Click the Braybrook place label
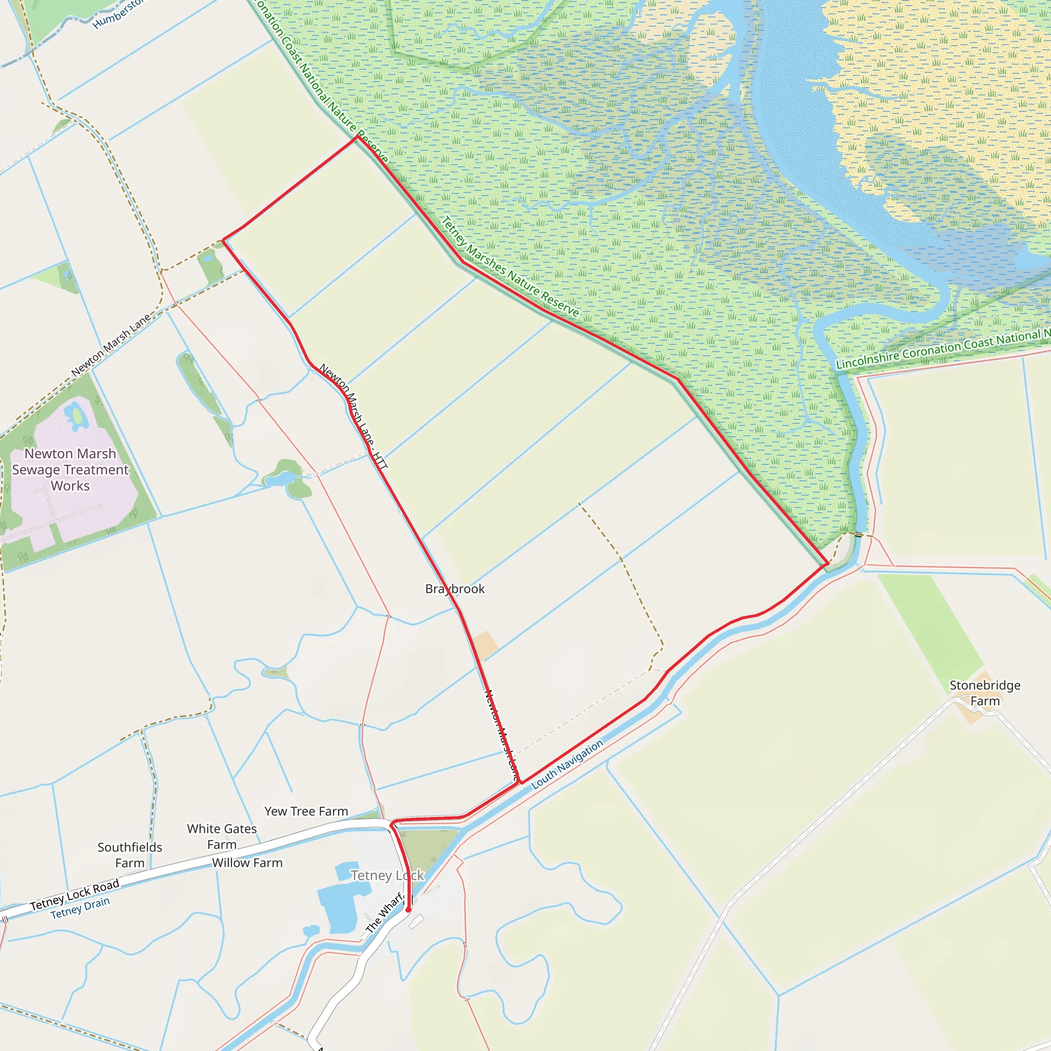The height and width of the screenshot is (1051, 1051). click(x=455, y=589)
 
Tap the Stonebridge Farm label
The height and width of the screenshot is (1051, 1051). click(x=985, y=693)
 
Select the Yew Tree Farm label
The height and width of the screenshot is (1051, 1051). click(x=306, y=811)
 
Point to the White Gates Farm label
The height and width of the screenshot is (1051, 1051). click(x=221, y=836)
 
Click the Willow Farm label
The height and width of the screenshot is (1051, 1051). click(x=247, y=863)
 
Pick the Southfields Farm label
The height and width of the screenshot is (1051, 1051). click(x=129, y=855)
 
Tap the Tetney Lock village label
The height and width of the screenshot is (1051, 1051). click(x=387, y=875)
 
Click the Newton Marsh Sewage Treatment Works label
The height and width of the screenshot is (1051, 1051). click(x=70, y=470)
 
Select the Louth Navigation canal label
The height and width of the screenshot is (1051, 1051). click(x=567, y=764)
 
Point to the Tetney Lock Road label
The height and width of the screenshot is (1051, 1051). click(x=74, y=895)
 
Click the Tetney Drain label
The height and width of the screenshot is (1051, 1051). click(x=80, y=908)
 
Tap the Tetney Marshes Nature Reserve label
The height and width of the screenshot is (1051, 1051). click(x=510, y=267)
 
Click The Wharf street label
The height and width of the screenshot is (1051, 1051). click(x=384, y=912)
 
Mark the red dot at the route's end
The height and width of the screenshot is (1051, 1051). click(x=408, y=909)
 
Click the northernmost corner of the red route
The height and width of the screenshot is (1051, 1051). click(x=357, y=137)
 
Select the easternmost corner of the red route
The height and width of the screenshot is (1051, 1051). click(x=827, y=565)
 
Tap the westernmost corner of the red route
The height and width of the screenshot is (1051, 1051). click(x=223, y=239)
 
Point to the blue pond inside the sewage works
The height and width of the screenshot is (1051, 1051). click(x=75, y=416)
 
